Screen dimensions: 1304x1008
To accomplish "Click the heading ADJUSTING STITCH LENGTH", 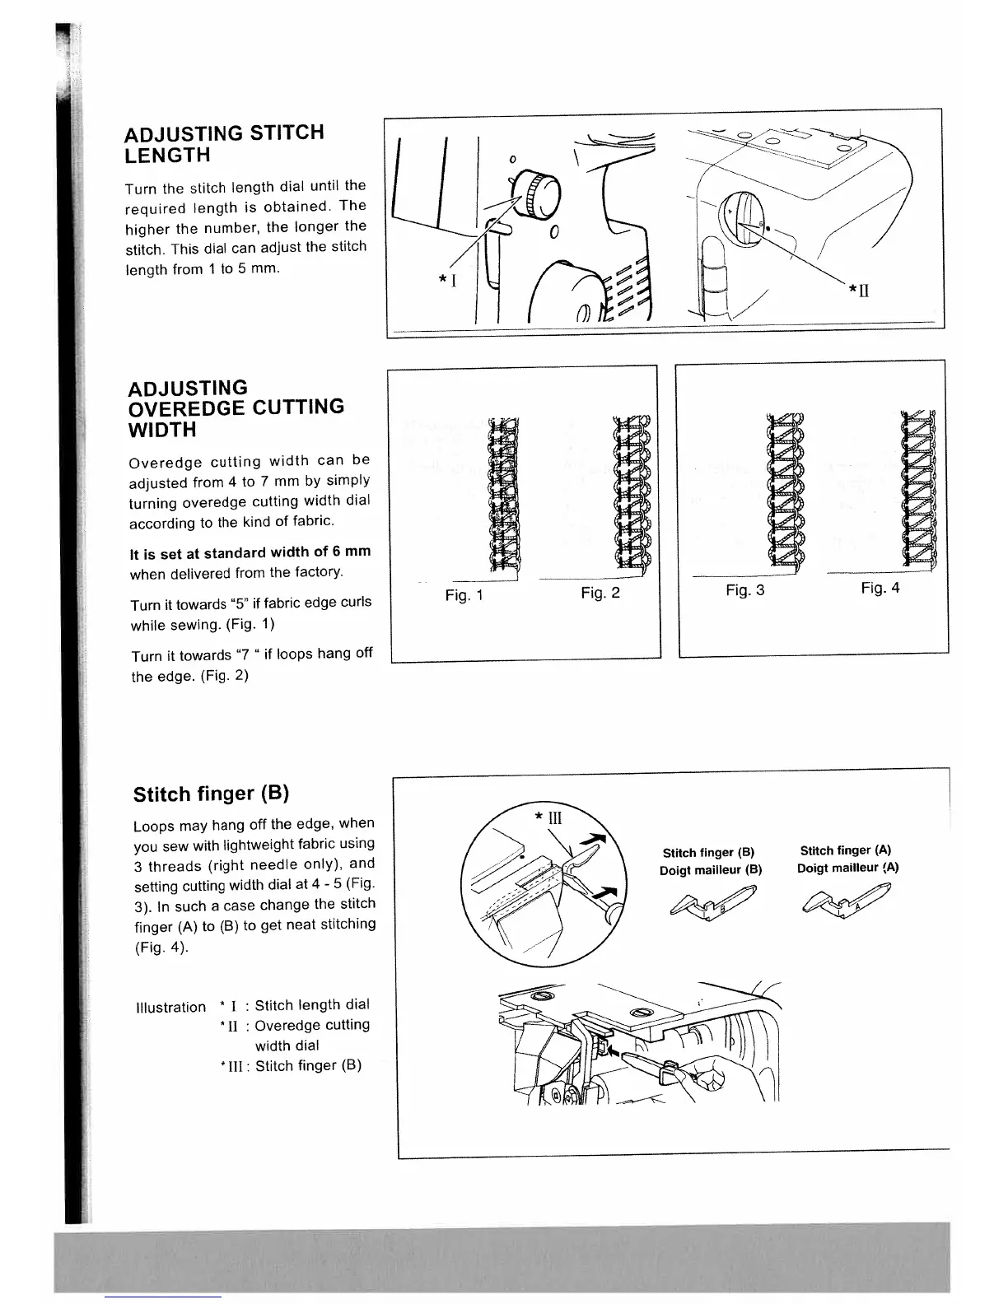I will point(224,144).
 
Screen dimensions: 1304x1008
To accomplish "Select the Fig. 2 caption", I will point(600,593).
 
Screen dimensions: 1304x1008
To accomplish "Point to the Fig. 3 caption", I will point(744,590).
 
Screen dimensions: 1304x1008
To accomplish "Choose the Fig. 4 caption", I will point(880,588).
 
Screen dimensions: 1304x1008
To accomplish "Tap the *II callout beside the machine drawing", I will point(859,290).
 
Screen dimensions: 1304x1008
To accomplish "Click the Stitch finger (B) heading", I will point(211,794).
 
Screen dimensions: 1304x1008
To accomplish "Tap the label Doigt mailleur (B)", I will point(711,870).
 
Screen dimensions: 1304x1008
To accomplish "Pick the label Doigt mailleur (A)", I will point(847,868).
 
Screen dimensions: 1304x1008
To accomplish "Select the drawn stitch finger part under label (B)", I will point(716,901).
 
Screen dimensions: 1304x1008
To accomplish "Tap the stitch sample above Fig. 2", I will point(632,491).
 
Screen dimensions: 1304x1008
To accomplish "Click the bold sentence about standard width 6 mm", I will point(250,552).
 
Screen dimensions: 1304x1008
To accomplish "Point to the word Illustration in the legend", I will point(170,1007).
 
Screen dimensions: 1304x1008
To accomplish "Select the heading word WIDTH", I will point(162,430).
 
